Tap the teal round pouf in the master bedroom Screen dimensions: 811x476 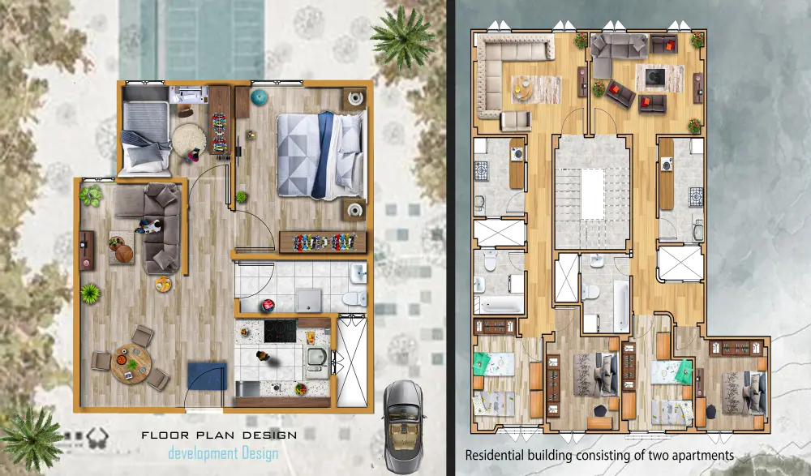pyautogui.click(x=260, y=96)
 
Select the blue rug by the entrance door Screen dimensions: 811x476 pyautogui.click(x=207, y=376)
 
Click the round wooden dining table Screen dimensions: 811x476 pyautogui.click(x=131, y=364)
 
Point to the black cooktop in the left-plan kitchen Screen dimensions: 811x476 pyautogui.click(x=280, y=331)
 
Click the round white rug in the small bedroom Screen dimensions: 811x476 pyautogui.click(x=189, y=139)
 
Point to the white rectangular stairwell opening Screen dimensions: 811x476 pyautogui.click(x=592, y=194)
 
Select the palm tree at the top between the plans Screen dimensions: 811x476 pyautogui.click(x=402, y=36)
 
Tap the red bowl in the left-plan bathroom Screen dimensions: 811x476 pyautogui.click(x=268, y=305)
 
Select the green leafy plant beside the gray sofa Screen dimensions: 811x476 pyautogui.click(x=91, y=195)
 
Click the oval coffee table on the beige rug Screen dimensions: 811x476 pyautogui.click(x=523, y=88)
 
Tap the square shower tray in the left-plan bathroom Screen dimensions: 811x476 pyautogui.click(x=309, y=300)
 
